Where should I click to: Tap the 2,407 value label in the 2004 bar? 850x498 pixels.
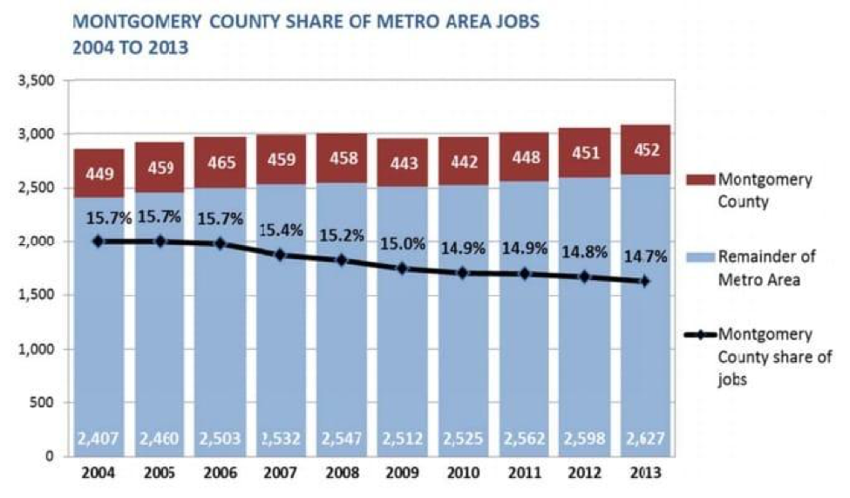tap(98, 438)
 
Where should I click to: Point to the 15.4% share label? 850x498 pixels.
tap(281, 232)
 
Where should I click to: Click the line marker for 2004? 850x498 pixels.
tap(98, 241)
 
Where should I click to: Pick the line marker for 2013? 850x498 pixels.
tap(646, 281)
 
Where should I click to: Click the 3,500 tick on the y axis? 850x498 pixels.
tap(38, 81)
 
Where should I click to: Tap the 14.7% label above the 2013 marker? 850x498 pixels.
tap(646, 258)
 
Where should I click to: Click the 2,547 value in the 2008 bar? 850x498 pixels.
tap(341, 438)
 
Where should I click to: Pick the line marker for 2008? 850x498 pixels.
tap(342, 260)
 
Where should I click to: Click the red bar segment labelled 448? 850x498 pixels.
tap(524, 157)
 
